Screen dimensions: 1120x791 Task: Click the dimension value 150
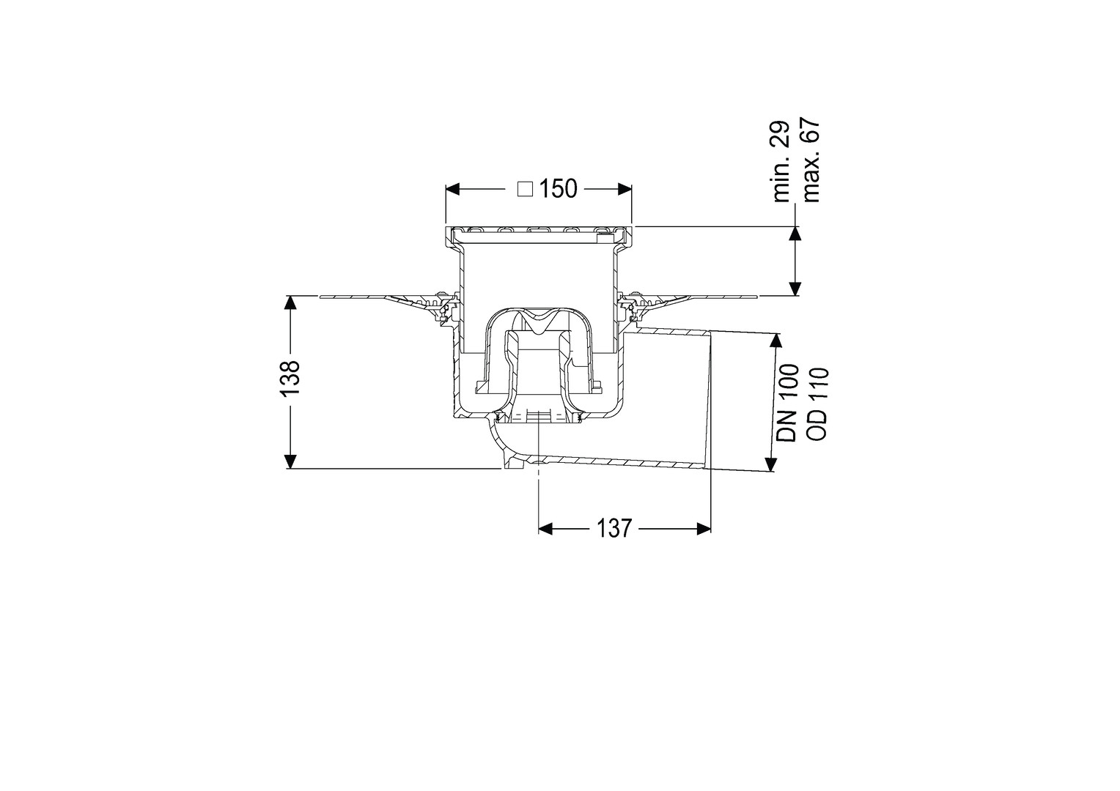click(558, 189)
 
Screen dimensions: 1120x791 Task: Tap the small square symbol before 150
click(525, 190)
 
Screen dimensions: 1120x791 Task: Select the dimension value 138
click(290, 378)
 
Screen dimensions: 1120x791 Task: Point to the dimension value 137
click(614, 528)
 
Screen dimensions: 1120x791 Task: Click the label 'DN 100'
click(787, 403)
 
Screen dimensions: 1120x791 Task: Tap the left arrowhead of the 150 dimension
click(452, 189)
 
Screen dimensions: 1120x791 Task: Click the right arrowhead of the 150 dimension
click(625, 189)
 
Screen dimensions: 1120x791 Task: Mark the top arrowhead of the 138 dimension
click(291, 303)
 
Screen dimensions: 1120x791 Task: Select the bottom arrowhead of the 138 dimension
click(291, 461)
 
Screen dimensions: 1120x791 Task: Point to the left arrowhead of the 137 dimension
click(545, 529)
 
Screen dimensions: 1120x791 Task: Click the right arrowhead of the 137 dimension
click(704, 529)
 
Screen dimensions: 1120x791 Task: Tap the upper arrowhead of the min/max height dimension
click(795, 234)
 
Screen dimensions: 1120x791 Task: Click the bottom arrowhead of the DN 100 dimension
click(772, 464)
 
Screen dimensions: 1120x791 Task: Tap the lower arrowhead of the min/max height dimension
click(795, 289)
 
